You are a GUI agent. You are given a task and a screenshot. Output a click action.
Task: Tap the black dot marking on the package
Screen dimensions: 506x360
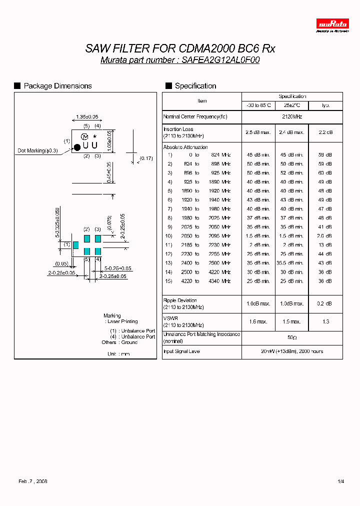click(77, 147)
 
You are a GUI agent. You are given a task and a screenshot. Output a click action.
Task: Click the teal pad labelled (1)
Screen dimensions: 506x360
click(75, 244)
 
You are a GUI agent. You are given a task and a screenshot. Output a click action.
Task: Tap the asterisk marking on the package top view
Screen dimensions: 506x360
click(94, 136)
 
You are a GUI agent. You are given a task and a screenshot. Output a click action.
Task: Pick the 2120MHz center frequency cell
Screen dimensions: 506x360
click(292, 116)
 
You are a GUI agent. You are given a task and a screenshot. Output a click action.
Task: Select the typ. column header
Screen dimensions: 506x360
click(325, 105)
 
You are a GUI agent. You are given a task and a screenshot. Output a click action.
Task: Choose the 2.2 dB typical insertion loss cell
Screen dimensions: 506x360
click(325, 132)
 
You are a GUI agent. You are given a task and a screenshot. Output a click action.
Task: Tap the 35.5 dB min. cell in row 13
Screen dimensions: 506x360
click(292, 263)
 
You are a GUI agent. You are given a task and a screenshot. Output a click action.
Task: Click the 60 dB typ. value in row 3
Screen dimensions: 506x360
click(325, 172)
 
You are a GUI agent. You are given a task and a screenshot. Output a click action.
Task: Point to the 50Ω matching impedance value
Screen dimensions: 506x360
click(292, 337)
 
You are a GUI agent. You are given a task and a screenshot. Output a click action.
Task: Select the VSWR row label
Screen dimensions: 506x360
click(171, 318)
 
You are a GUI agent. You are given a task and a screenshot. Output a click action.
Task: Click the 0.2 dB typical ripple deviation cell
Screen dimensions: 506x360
click(325, 303)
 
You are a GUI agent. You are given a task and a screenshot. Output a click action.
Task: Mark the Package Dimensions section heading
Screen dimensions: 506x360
click(57, 86)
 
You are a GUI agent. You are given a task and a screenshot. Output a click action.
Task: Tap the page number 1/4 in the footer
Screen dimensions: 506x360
click(341, 481)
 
